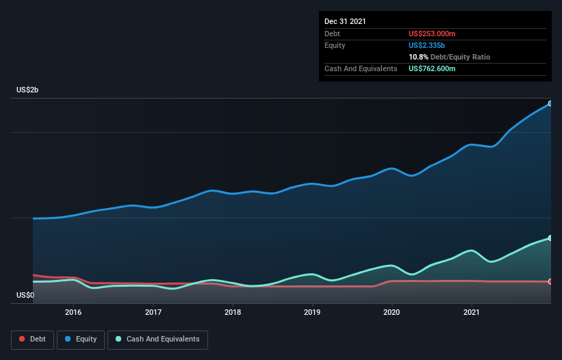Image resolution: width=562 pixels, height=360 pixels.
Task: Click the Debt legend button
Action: (32, 339)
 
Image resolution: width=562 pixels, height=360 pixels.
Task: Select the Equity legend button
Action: (81, 339)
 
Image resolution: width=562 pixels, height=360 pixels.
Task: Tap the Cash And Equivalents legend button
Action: (157, 339)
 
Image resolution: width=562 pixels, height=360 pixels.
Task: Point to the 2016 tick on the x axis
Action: (73, 312)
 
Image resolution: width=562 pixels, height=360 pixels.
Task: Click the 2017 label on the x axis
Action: (153, 312)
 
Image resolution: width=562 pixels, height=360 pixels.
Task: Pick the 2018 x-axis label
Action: (233, 312)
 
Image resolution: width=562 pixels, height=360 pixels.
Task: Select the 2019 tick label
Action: (312, 312)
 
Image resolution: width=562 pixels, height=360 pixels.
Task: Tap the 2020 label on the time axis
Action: (392, 312)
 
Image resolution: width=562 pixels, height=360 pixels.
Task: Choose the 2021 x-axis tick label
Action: (472, 312)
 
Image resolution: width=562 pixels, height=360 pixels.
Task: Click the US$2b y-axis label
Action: (27, 90)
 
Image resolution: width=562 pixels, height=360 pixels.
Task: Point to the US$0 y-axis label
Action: (25, 295)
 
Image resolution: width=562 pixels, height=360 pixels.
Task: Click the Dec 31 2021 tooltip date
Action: (345, 21)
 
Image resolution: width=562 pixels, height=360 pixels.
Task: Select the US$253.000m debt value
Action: (432, 34)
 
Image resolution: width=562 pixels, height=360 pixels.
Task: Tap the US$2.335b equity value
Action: (426, 45)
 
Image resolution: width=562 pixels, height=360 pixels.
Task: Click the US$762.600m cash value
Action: (432, 68)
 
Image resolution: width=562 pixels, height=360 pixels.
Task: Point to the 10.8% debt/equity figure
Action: (418, 57)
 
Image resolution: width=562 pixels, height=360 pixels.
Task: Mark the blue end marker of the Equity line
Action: (550, 103)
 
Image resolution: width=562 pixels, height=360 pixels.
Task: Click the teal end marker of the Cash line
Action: (550, 238)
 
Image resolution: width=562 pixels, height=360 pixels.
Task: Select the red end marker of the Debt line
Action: (550, 281)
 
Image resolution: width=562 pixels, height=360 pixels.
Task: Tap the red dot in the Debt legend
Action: (22, 339)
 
